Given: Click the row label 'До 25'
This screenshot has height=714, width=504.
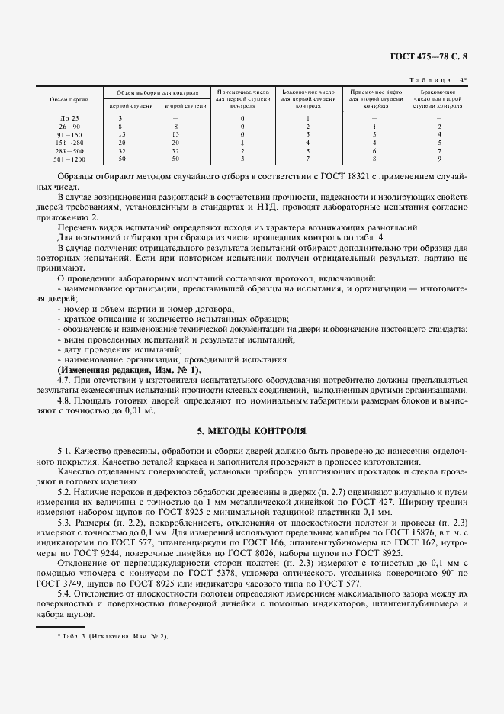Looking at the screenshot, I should tap(69, 118).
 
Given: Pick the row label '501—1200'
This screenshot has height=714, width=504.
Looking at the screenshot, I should tap(69, 159).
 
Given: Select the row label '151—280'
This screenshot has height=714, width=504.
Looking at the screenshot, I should tap(69, 143).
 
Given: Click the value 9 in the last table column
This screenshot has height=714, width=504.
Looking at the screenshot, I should tap(439, 159).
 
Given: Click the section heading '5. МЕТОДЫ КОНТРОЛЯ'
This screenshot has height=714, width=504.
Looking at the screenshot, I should tap(252, 431).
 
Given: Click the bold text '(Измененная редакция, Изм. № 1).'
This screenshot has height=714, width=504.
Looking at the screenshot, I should tap(129, 370).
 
